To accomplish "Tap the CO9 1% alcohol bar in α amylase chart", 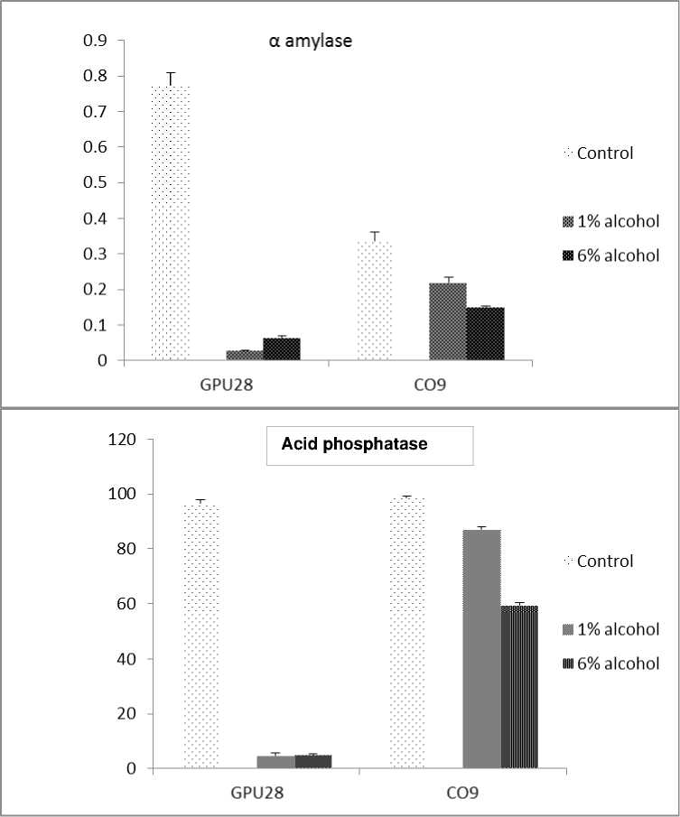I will (x=448, y=322).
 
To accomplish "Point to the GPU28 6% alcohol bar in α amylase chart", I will (x=281, y=349).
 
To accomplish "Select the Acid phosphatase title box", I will (x=369, y=445).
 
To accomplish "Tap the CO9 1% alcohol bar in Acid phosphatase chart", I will (x=481, y=649).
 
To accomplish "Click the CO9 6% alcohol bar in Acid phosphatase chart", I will (x=519, y=686).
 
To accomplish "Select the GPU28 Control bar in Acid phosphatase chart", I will (x=202, y=636).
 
